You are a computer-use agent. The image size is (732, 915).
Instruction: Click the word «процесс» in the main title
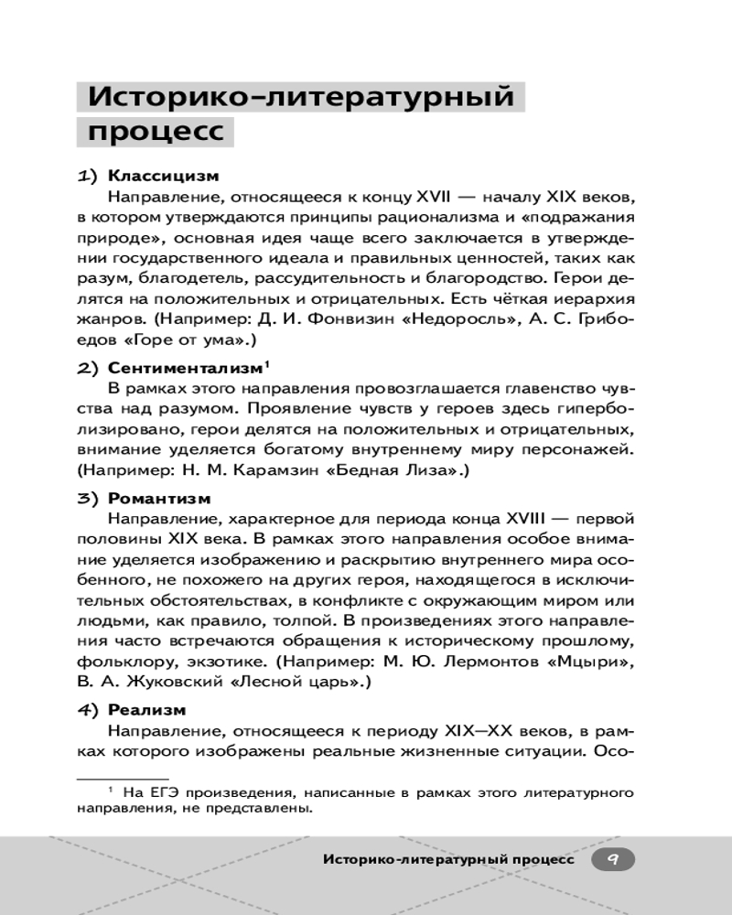click(155, 131)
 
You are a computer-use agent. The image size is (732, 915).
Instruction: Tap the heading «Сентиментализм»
click(184, 369)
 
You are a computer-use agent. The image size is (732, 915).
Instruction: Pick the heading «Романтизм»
click(159, 499)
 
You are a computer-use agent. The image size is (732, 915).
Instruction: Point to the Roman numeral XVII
click(414, 197)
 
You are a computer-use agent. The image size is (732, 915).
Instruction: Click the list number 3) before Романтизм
click(88, 499)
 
